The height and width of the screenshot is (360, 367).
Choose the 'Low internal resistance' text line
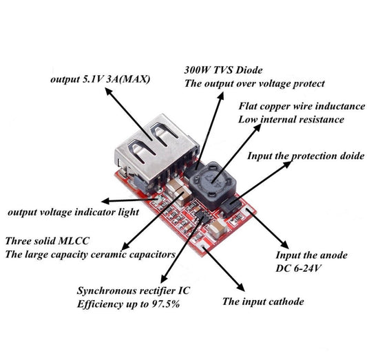(291, 119)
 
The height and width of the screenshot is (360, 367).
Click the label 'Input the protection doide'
(305, 156)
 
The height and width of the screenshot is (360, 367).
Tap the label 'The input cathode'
(262, 301)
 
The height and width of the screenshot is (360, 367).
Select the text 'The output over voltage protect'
(254, 83)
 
